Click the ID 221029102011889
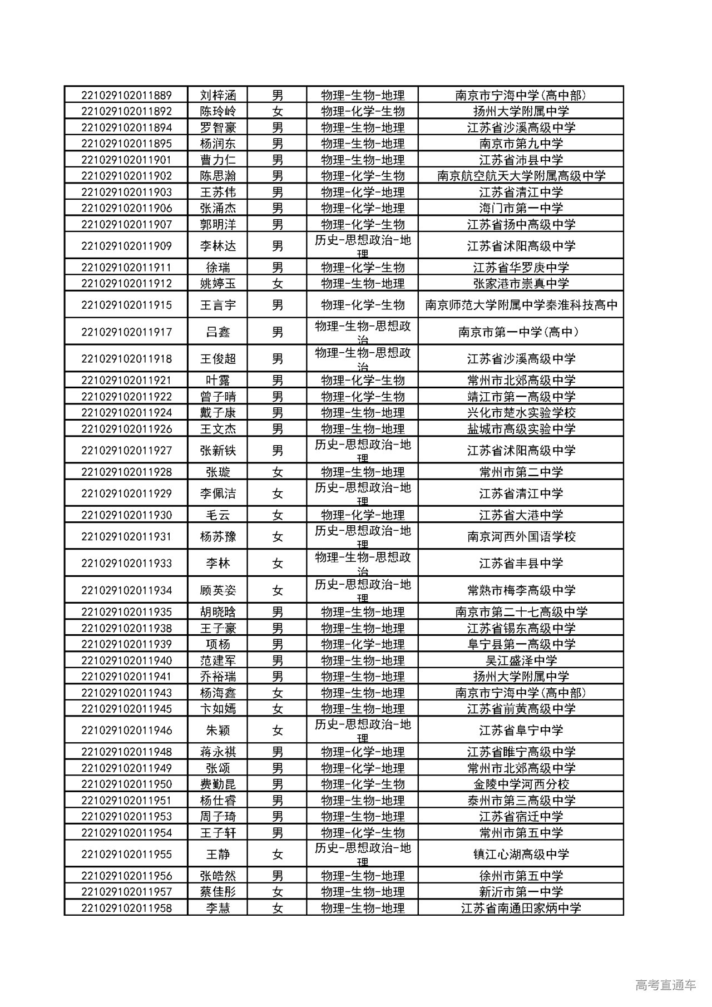coord(126,95)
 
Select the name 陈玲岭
coord(218,111)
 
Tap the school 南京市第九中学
coord(521,144)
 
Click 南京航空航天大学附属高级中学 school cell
coord(521,176)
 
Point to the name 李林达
coord(218,246)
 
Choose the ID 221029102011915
coord(126,305)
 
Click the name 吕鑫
coord(218,332)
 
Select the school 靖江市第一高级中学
coord(521,397)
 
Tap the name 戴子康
coord(218,413)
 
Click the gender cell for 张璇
coord(278,472)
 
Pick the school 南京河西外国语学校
coord(521,537)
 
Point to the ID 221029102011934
coord(126,590)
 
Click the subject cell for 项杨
coord(362,644)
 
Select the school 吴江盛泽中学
coord(521,660)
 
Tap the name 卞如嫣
coord(218,709)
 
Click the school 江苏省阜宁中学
coord(521,730)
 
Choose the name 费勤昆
coord(218,784)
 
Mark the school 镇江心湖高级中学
coord(521,855)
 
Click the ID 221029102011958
coord(126,909)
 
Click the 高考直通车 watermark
coord(665,985)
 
